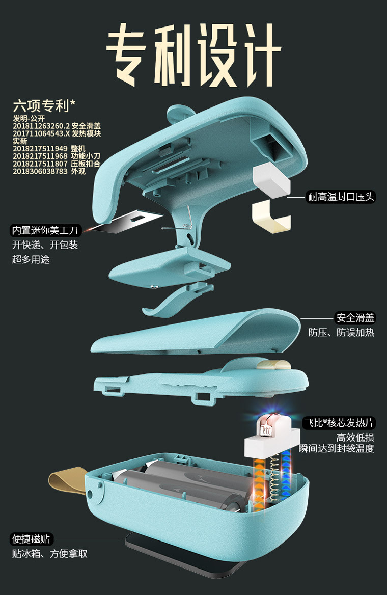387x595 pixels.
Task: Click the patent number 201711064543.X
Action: [x=41, y=133]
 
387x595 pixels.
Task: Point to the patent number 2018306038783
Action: [x=40, y=171]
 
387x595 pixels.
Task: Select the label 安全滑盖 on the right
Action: [x=355, y=318]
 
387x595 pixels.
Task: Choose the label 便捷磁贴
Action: [x=32, y=539]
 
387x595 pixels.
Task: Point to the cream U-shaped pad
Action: [x=270, y=217]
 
